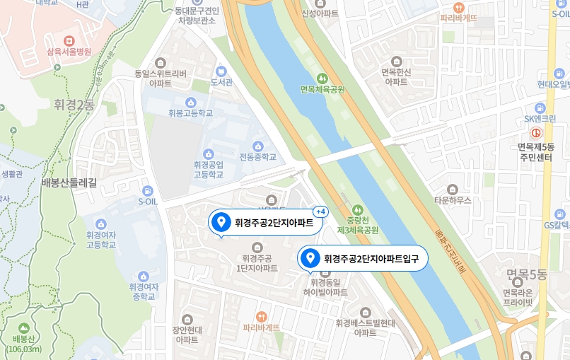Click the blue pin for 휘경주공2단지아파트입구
coord(309,258)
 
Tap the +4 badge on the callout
coord(320,211)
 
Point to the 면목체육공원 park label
coord(322,89)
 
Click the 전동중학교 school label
coord(257,156)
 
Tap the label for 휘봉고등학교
coord(190,113)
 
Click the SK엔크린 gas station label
coord(540,118)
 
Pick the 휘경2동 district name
coord(74,105)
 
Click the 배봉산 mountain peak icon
coord(24,329)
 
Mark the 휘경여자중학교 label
coord(144,291)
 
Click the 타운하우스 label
coord(453,200)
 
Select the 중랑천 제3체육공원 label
coord(358,225)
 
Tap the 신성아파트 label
coord(320,13)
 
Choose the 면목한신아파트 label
coord(396,76)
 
